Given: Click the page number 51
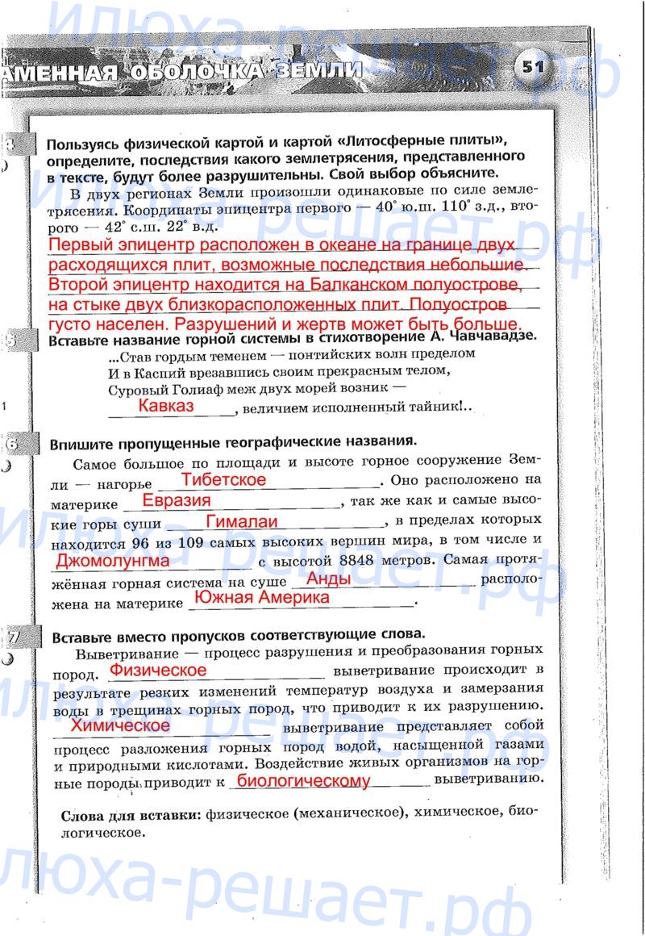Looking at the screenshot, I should [532, 66].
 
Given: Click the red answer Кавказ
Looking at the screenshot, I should [166, 406].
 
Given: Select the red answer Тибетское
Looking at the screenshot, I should [223, 479].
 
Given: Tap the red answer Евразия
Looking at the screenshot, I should [177, 500].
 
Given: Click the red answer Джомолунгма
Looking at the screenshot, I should [113, 559].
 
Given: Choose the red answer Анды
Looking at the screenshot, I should [329, 579].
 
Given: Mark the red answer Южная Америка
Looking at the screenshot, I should [263, 598].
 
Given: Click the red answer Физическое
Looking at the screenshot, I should [158, 670].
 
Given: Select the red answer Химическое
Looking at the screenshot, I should [121, 725].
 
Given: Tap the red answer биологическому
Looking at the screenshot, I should [304, 780].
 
